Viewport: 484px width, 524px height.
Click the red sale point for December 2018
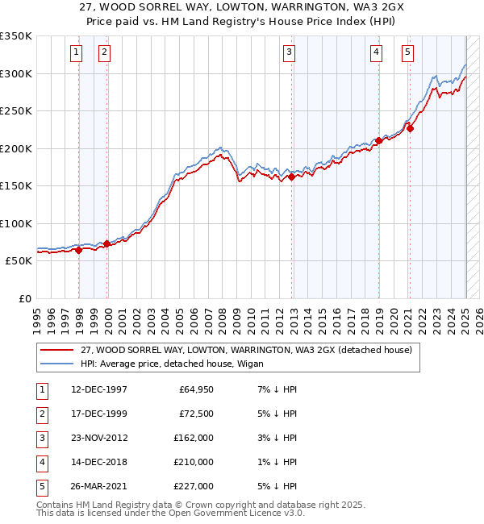coord(378,140)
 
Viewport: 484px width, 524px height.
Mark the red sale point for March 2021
coord(411,128)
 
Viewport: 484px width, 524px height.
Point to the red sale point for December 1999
coord(106,243)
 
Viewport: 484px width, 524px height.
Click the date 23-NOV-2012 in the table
coord(99,438)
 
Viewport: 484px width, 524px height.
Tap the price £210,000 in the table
coord(194,462)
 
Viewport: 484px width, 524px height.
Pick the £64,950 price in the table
coord(196,389)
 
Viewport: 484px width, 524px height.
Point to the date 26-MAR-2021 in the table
coord(99,486)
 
